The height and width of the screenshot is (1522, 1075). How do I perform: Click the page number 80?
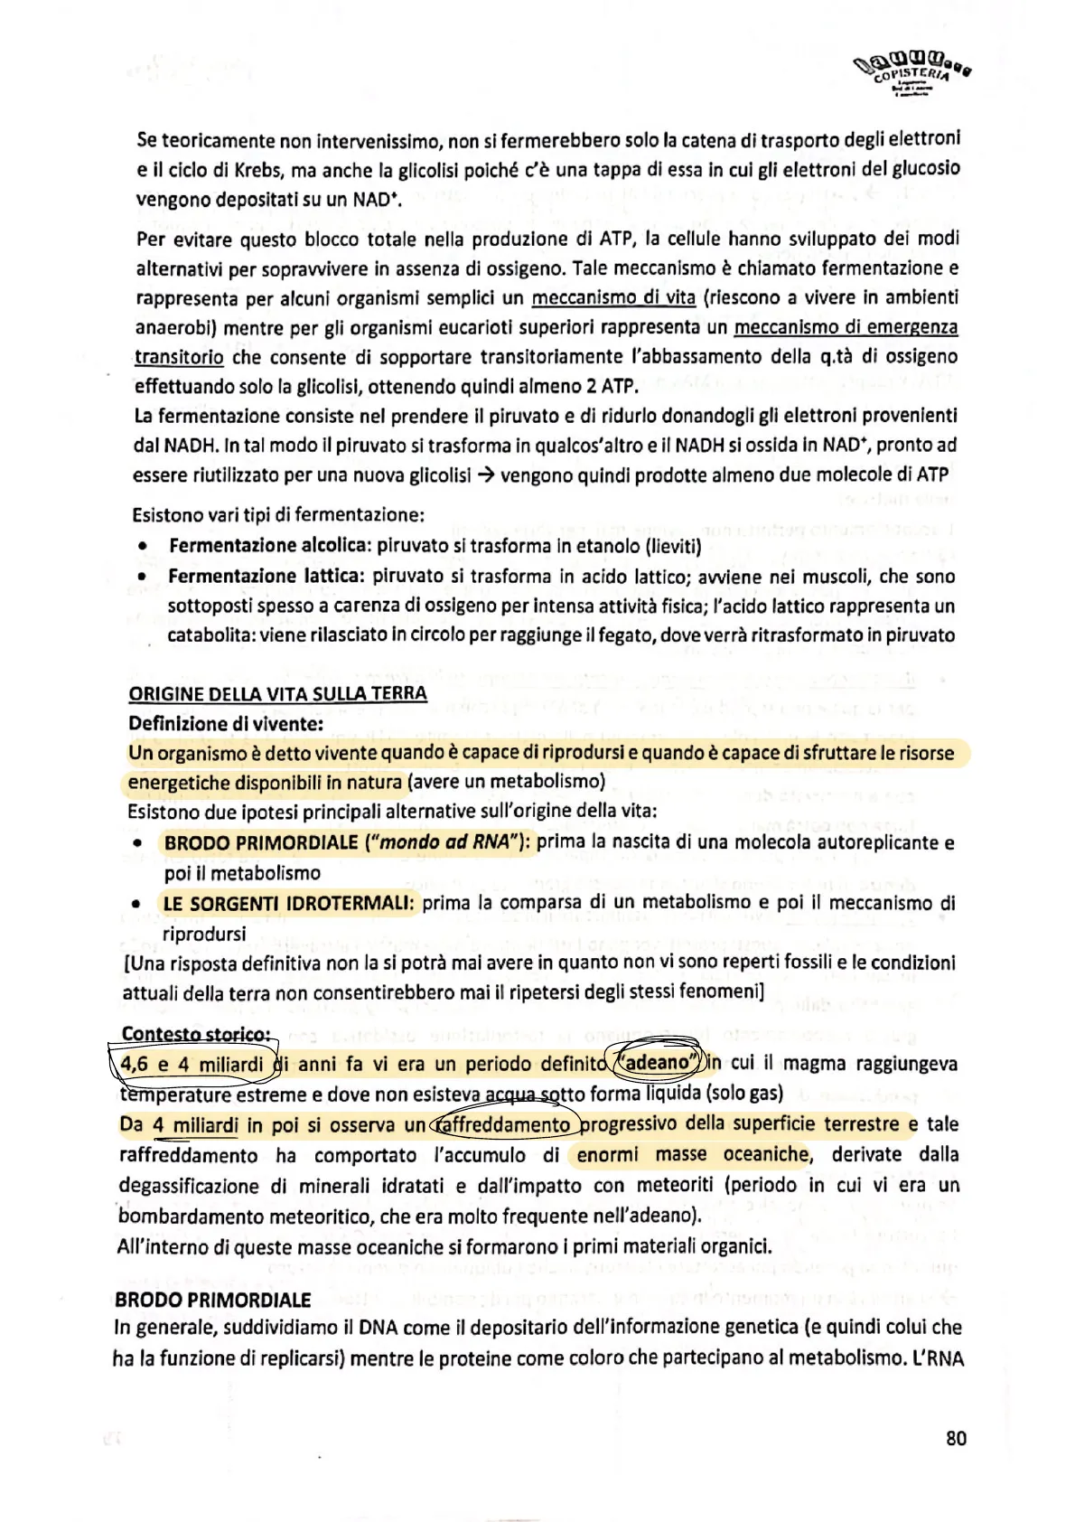coord(956,1438)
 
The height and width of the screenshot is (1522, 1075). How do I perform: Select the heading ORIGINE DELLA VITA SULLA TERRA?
coord(277,693)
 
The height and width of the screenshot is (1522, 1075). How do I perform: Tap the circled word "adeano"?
coord(657,1063)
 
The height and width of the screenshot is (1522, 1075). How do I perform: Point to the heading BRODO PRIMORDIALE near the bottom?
coord(212,1300)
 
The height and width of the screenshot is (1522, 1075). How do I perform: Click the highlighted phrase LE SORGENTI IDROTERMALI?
coord(288,903)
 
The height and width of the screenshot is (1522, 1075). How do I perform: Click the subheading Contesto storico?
coord(195,1034)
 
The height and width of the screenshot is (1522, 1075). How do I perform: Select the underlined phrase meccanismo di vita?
coord(612,297)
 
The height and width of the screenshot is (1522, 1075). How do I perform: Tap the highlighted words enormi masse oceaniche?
coord(693,1154)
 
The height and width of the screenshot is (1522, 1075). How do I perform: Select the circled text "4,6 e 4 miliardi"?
coord(192,1064)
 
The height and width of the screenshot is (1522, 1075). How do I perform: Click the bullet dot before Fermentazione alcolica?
coord(142,547)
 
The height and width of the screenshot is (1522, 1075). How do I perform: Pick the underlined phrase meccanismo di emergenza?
coord(846,326)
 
